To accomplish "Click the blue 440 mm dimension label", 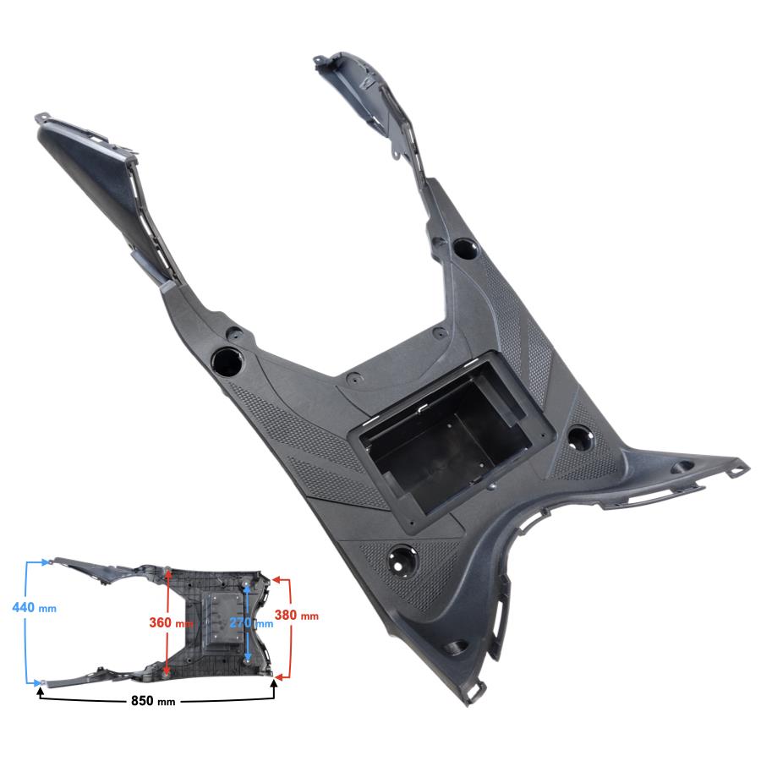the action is pyautogui.click(x=34, y=608).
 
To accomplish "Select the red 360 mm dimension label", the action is pyautogui.click(x=170, y=622).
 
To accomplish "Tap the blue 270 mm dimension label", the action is pyautogui.click(x=251, y=622).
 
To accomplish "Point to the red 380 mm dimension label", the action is pyautogui.click(x=297, y=616).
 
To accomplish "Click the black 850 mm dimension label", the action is pyautogui.click(x=153, y=701).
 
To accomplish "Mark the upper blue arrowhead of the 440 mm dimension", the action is pyautogui.click(x=47, y=562).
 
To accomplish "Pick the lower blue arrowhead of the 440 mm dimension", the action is pyautogui.click(x=37, y=683).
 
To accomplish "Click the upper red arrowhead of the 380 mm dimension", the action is pyautogui.click(x=276, y=579).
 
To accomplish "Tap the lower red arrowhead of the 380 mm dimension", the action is pyautogui.click(x=278, y=676).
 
